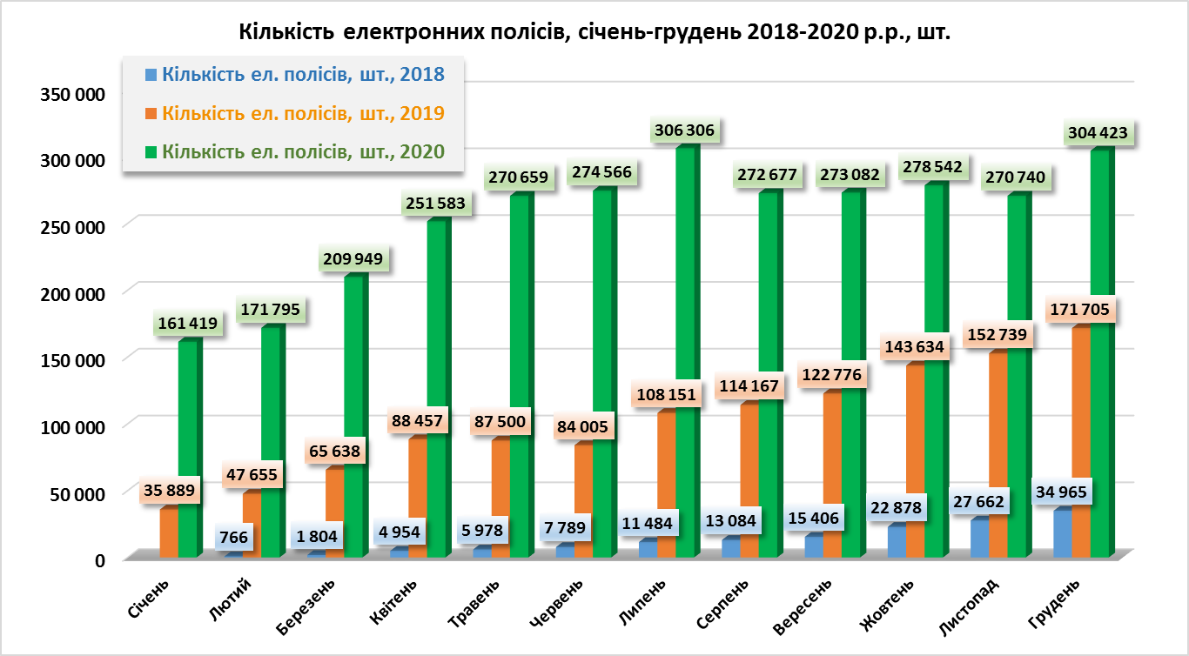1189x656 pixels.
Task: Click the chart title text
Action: [x=594, y=33]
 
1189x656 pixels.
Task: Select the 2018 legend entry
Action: [x=303, y=75]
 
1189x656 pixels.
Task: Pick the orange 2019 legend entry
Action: [x=303, y=113]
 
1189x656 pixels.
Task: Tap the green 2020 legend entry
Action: [x=303, y=151]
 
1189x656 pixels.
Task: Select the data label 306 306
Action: [x=683, y=131]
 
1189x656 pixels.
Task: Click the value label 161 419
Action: [x=187, y=325]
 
